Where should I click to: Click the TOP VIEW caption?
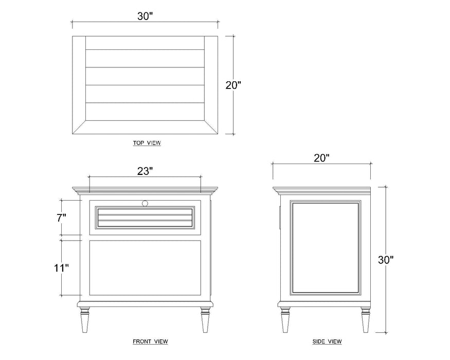(x=147, y=142)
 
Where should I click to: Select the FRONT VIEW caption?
(x=150, y=341)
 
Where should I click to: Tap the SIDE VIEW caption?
(x=327, y=341)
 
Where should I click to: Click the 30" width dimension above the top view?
(x=145, y=16)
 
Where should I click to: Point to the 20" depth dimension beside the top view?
(x=233, y=85)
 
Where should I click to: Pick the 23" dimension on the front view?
(x=145, y=171)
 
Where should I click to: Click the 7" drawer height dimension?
(x=61, y=218)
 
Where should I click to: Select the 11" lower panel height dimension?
(x=61, y=268)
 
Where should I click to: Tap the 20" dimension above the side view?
(x=321, y=158)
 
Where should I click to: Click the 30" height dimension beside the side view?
(x=385, y=260)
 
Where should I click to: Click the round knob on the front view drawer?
(x=145, y=203)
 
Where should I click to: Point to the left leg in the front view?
(x=85, y=320)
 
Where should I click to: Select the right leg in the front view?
(x=205, y=320)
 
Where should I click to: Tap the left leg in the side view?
(x=285, y=320)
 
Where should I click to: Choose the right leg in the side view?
(x=365, y=320)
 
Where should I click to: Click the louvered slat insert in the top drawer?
(x=145, y=218)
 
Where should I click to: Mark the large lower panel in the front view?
(x=145, y=268)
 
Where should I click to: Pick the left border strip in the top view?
(x=79, y=85)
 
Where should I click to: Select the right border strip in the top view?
(x=211, y=85)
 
